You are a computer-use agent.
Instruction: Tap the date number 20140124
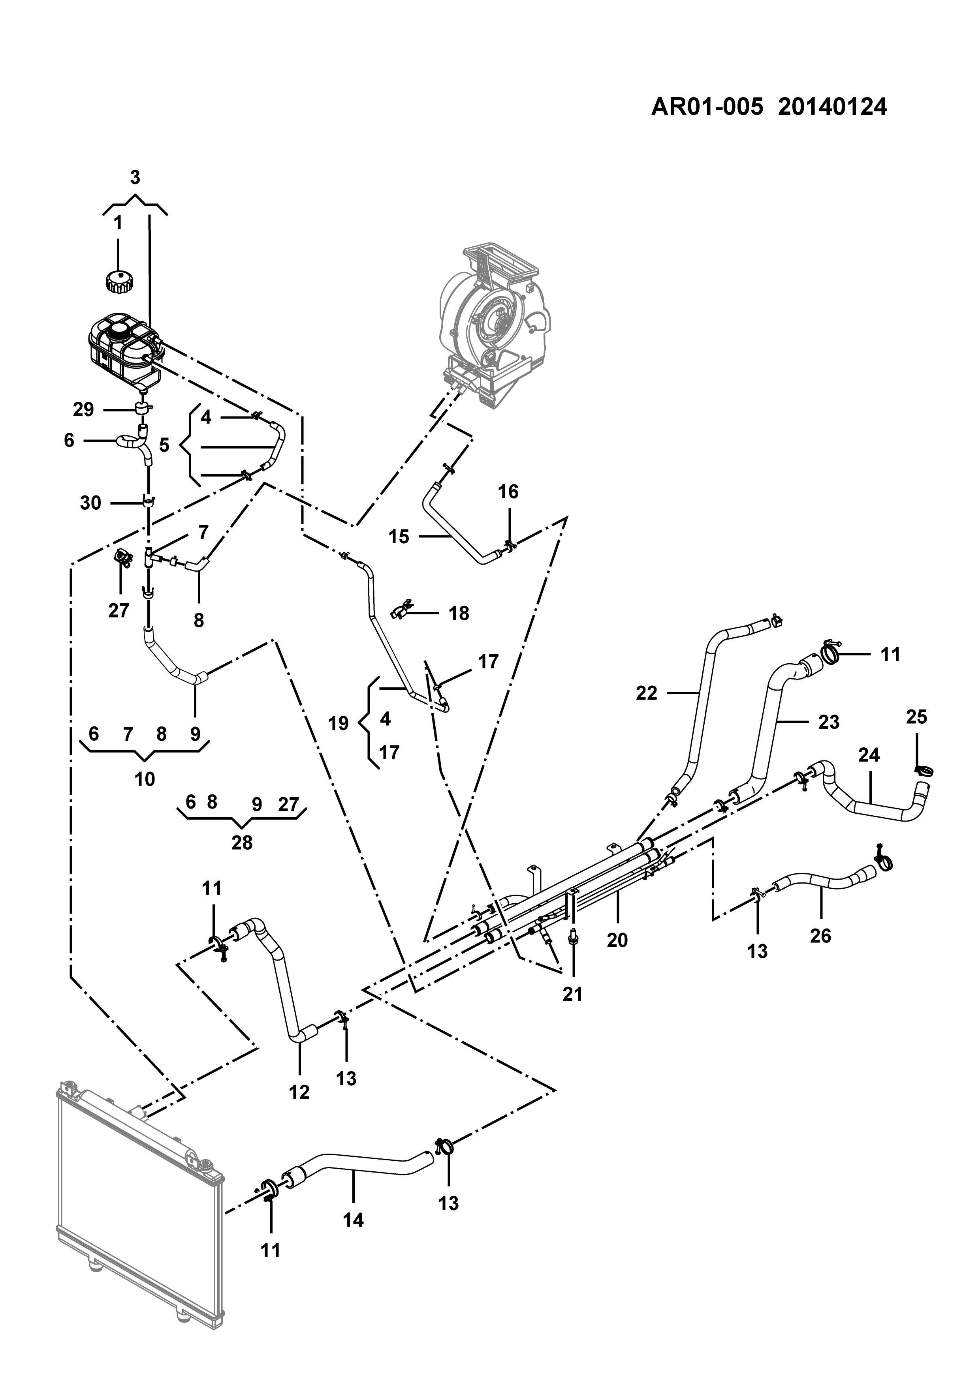pyautogui.click(x=832, y=107)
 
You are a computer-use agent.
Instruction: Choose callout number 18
pyautogui.click(x=459, y=614)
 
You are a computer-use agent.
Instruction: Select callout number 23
pyautogui.click(x=829, y=722)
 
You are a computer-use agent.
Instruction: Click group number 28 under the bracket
pyautogui.click(x=242, y=843)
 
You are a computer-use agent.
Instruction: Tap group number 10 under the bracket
pyautogui.click(x=145, y=779)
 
